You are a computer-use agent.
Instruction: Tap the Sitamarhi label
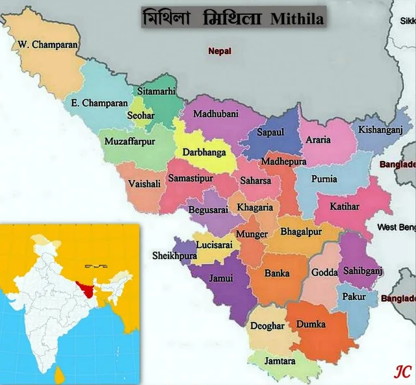(x=156, y=92)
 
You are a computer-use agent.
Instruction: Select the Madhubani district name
(x=216, y=114)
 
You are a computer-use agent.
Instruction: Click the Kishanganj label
(x=381, y=130)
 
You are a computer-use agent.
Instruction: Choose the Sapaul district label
(x=270, y=132)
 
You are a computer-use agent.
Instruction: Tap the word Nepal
(x=220, y=51)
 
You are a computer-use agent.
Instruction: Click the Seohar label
(x=140, y=117)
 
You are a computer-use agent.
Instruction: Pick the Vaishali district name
(x=144, y=184)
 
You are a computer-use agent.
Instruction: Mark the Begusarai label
(x=207, y=209)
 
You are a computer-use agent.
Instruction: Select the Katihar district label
(x=344, y=207)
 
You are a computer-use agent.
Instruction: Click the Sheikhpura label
(x=174, y=256)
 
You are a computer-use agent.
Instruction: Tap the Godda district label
(x=324, y=272)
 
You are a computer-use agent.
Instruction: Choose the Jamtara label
(x=280, y=360)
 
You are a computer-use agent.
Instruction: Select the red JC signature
(x=403, y=371)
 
